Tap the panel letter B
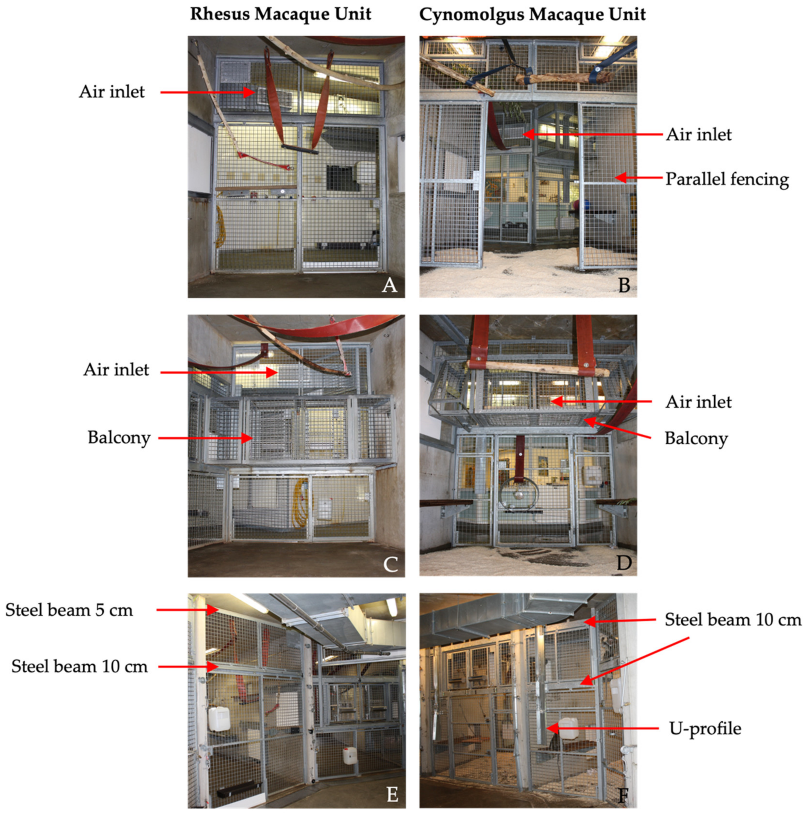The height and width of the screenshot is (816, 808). click(624, 285)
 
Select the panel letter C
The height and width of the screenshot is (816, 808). click(390, 564)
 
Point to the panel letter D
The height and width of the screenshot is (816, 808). click(624, 563)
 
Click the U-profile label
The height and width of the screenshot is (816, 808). click(705, 728)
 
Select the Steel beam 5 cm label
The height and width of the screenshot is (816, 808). click(69, 610)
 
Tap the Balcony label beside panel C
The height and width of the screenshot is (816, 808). click(119, 438)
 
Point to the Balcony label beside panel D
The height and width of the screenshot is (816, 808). click(696, 439)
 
